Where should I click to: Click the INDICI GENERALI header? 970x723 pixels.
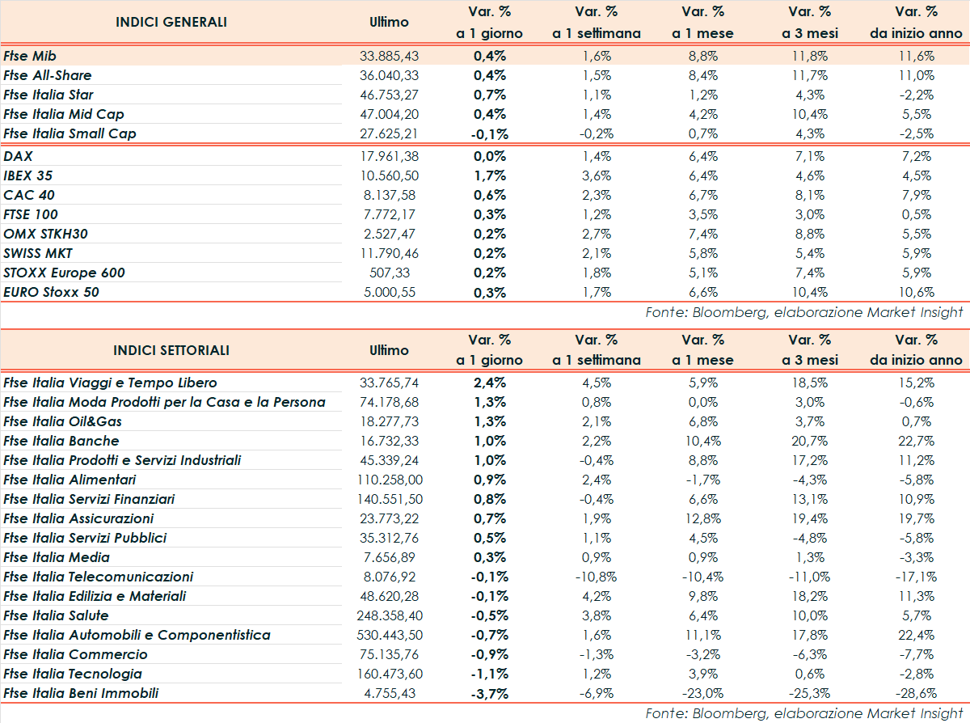point(171,22)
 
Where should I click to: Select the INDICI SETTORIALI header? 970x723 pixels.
point(171,350)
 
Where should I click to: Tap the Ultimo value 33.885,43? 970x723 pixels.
point(389,56)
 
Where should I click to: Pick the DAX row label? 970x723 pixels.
point(18,156)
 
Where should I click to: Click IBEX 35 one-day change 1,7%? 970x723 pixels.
point(491,175)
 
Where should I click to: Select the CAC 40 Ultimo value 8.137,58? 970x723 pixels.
point(389,195)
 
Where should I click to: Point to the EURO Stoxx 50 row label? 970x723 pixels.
point(51,292)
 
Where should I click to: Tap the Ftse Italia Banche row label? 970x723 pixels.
point(61,441)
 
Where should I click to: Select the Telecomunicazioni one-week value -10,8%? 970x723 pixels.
point(596,577)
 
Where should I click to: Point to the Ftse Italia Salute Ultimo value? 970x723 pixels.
point(389,615)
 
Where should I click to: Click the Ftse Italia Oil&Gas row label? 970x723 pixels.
point(63,421)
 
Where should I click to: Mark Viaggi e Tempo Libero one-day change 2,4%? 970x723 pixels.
point(491,383)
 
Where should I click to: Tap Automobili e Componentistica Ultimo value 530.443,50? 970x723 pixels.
point(389,635)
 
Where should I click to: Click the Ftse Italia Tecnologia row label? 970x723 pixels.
point(73,674)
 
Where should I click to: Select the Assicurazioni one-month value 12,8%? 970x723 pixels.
point(702,518)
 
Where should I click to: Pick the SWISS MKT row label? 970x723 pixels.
point(38,253)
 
